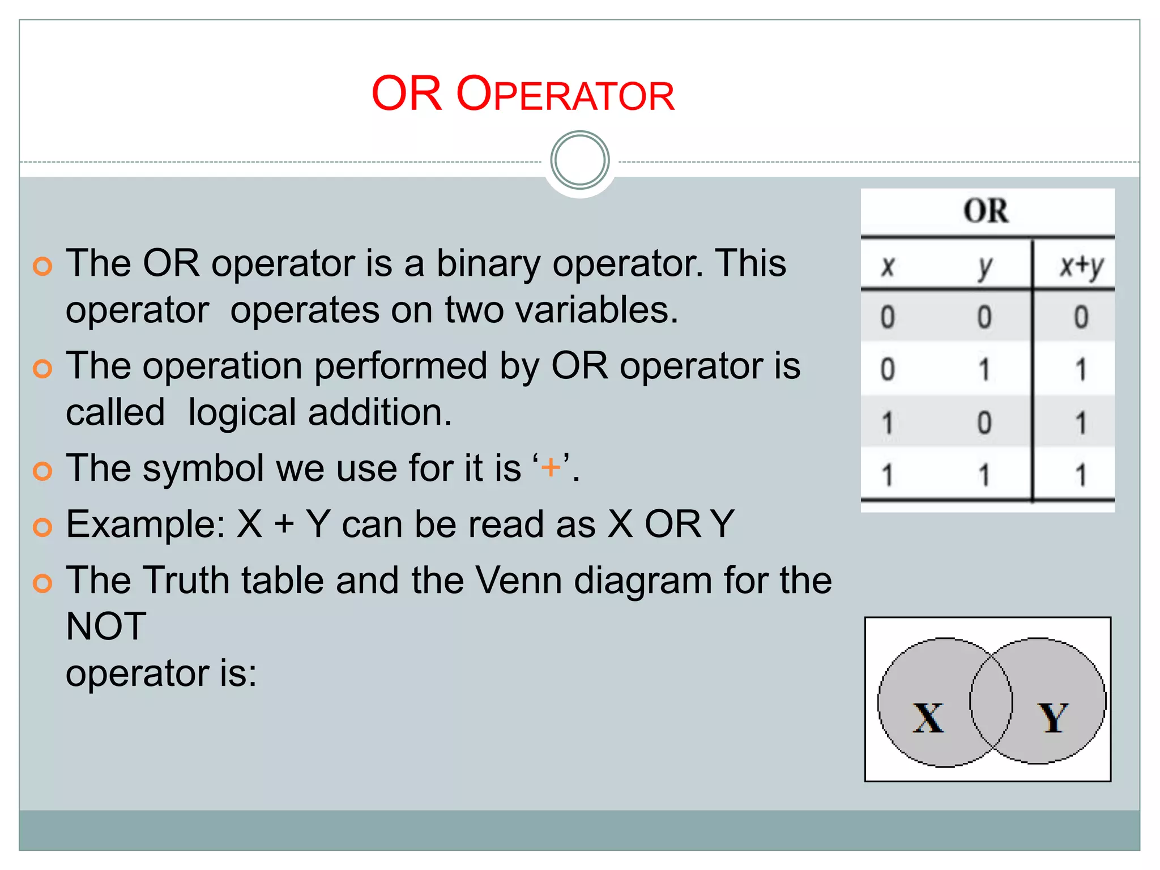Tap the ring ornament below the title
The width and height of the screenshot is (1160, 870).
coord(579,160)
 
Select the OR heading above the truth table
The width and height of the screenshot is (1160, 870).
coord(986,211)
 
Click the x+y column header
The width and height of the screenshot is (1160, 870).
coord(1081,266)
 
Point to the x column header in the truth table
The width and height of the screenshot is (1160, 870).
coord(888,266)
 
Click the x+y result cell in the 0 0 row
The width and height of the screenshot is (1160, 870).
coord(1081,317)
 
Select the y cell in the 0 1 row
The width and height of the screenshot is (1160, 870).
coord(985,369)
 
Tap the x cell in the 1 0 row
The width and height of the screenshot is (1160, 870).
coord(888,423)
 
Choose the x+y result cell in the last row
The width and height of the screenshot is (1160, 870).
coord(1081,475)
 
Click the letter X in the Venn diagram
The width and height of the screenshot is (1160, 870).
coord(928,718)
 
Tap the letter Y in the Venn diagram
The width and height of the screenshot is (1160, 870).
coord(1053,718)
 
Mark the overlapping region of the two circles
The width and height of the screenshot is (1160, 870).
coord(991,702)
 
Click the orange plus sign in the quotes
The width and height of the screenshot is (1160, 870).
coord(551,468)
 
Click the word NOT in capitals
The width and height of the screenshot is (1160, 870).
coord(106,626)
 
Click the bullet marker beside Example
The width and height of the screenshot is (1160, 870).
coord(42,527)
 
